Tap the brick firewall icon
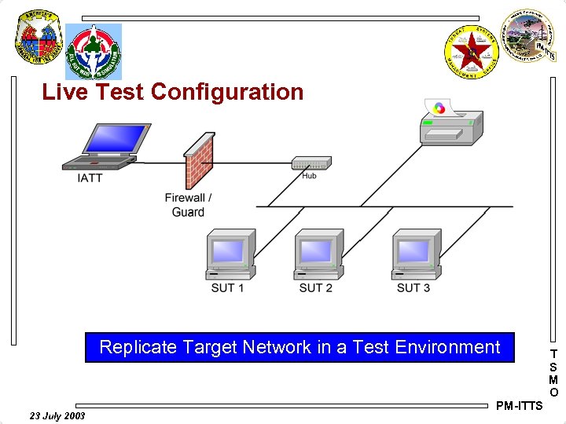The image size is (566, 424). (x=197, y=161)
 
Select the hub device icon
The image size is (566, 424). (x=309, y=163)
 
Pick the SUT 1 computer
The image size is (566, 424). (x=229, y=254)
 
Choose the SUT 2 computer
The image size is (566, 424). (x=318, y=254)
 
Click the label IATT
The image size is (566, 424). (x=90, y=179)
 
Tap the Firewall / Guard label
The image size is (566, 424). (x=188, y=205)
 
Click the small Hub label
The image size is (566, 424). (x=310, y=175)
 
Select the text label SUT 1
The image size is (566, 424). (x=227, y=288)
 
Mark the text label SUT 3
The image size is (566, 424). (x=413, y=288)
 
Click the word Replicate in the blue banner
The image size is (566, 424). (x=138, y=347)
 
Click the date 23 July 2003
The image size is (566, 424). (x=57, y=415)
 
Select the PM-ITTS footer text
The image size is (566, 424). (x=519, y=406)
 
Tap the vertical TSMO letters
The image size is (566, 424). (x=554, y=373)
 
